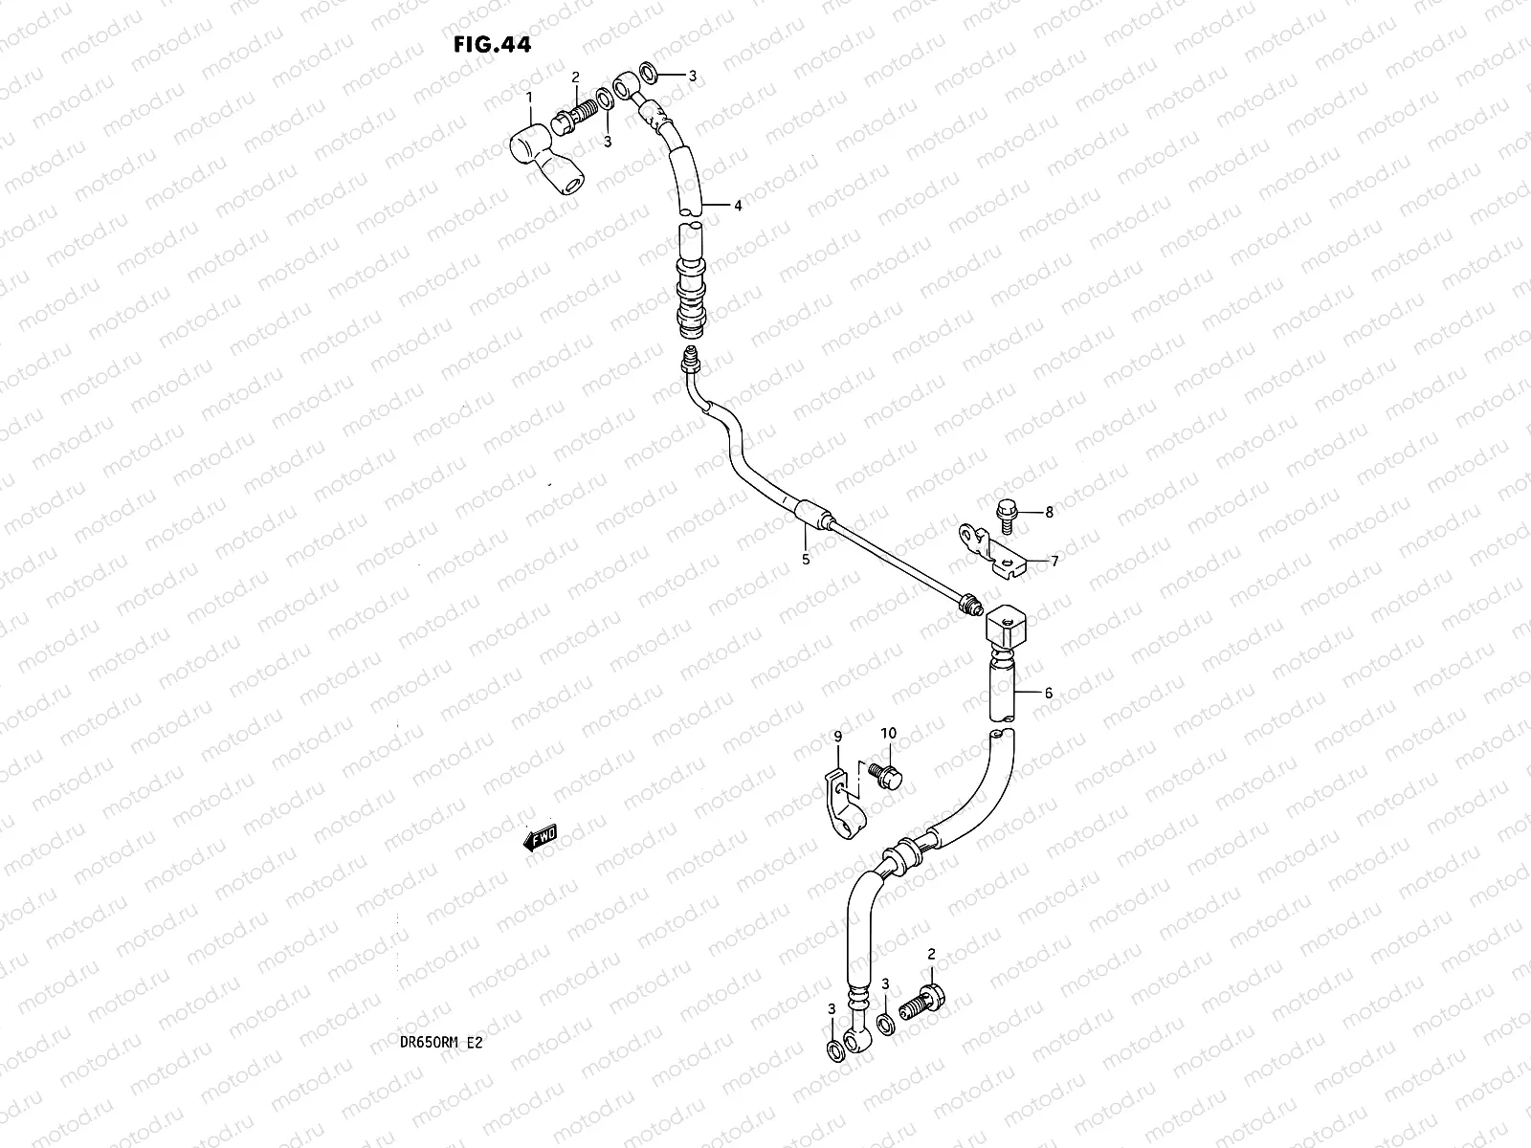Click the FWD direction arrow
540,838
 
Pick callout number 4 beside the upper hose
738,206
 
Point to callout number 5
806,559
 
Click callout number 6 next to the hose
1048,693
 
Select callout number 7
1054,562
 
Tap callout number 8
1049,513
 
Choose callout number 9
838,736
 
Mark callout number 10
888,733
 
